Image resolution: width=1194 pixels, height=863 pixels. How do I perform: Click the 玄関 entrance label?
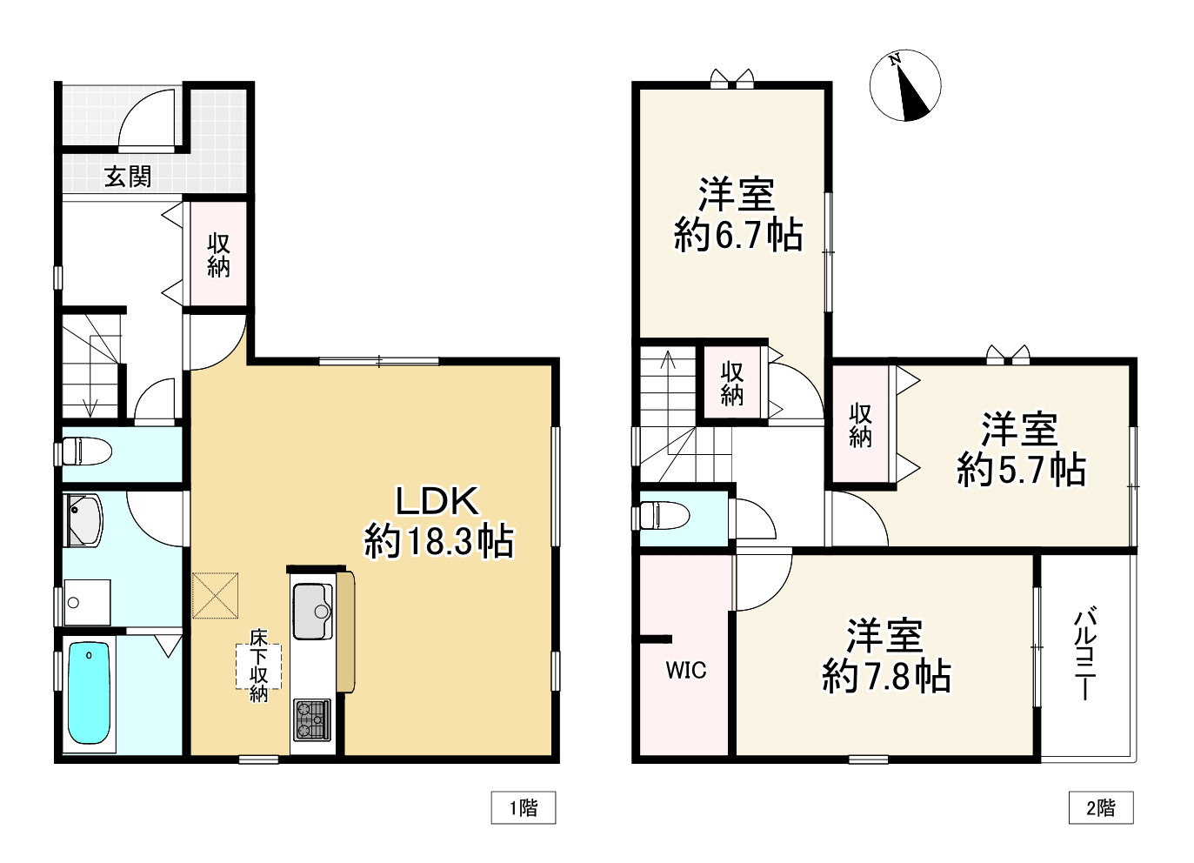(x=128, y=177)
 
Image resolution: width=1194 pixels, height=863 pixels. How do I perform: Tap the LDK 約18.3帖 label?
(x=438, y=522)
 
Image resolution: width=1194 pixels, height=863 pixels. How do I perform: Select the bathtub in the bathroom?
(x=90, y=692)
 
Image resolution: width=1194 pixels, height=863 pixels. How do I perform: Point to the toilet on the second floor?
(x=664, y=515)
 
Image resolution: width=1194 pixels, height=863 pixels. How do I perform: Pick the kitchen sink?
(x=313, y=611)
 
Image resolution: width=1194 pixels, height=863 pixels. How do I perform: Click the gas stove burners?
(x=312, y=719)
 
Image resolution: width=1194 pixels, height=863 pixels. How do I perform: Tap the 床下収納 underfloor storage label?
(x=259, y=666)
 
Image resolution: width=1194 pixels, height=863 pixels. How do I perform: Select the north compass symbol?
(x=905, y=85)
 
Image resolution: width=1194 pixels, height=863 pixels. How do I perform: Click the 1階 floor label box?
(x=524, y=808)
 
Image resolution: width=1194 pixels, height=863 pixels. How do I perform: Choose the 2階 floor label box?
(x=1101, y=808)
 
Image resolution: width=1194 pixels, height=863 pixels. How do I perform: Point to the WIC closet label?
(x=686, y=671)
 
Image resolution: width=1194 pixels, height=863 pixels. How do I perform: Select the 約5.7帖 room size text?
(x=1021, y=470)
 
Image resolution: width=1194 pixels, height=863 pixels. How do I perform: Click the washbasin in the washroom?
(x=83, y=520)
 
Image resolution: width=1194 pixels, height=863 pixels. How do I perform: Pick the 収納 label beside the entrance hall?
(x=218, y=255)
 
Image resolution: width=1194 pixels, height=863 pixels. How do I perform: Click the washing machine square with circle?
(x=88, y=602)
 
